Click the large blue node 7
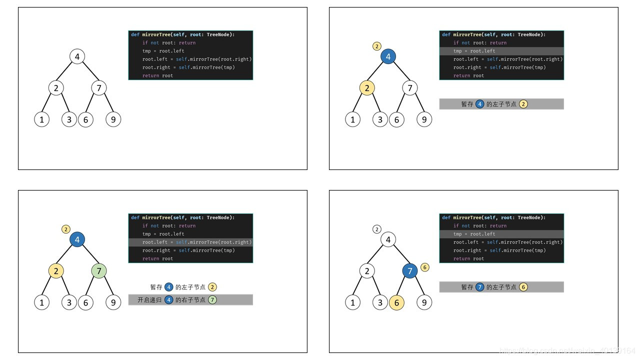pyautogui.click(x=410, y=271)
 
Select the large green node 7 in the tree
pyautogui.click(x=99, y=271)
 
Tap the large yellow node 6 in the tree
pyautogui.click(x=396, y=302)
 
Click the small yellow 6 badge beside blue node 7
pyautogui.click(x=425, y=267)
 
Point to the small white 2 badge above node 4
pyautogui.click(x=377, y=229)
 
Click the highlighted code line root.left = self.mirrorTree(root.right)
pyautogui.click(x=190, y=242)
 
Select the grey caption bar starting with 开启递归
pyautogui.click(x=190, y=300)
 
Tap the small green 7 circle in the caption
pyautogui.click(x=212, y=300)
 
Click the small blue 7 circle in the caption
pyautogui.click(x=480, y=287)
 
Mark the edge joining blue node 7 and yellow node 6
pyautogui.click(x=403, y=287)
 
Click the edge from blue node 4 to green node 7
pyautogui.click(x=88, y=255)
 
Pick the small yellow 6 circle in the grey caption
pyautogui.click(x=523, y=287)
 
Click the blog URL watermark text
pyautogui.click(x=567, y=351)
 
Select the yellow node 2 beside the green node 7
pyautogui.click(x=56, y=271)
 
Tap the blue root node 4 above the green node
pyautogui.click(x=77, y=239)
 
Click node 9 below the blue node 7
pyautogui.click(x=424, y=302)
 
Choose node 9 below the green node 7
pyautogui.click(x=113, y=302)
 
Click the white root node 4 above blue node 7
pyautogui.click(x=388, y=239)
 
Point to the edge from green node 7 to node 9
pyautogui.click(x=106, y=287)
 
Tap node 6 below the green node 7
pyautogui.click(x=85, y=302)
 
